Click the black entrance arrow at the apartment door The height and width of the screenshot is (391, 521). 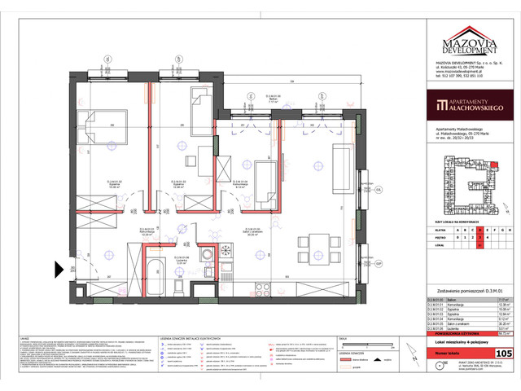point(59,268)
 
